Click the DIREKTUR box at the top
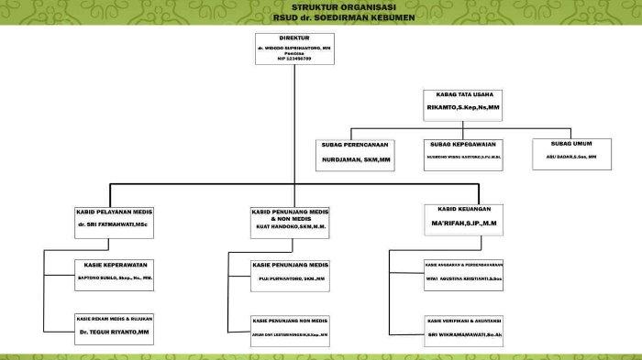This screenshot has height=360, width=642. click(293, 49)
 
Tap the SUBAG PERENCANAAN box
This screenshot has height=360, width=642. click(354, 153)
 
